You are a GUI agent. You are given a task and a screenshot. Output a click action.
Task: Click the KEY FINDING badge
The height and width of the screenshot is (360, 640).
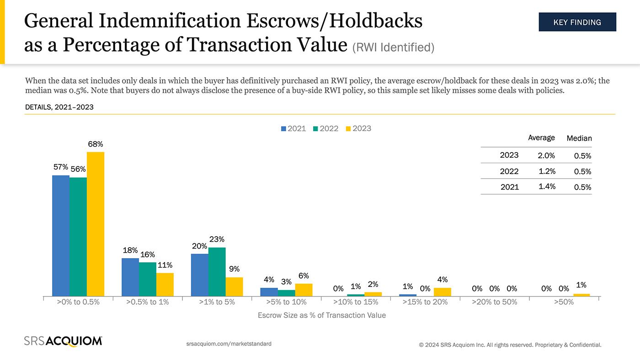click(x=577, y=22)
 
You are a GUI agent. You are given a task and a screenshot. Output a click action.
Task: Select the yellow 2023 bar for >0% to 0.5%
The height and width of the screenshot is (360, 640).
click(x=96, y=224)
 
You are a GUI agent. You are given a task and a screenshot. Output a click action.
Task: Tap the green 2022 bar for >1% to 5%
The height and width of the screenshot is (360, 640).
click(x=217, y=271)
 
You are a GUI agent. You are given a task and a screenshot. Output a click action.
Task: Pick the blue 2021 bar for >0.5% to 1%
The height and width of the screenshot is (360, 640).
click(x=130, y=277)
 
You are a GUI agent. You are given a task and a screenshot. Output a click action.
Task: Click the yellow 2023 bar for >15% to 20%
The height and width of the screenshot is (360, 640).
click(x=442, y=292)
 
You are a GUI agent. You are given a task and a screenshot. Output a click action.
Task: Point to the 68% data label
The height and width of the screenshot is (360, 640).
click(x=96, y=144)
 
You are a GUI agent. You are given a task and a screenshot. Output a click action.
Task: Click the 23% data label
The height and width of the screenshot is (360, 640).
click(x=217, y=239)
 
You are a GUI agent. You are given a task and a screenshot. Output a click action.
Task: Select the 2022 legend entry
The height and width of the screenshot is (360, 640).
click(x=325, y=129)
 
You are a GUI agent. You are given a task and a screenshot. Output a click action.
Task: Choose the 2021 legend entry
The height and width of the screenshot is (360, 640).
click(x=293, y=129)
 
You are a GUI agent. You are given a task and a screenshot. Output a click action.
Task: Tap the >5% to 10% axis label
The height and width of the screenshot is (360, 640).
click(x=286, y=302)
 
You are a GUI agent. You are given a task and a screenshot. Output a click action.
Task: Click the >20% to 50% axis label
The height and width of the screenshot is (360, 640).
click(x=494, y=302)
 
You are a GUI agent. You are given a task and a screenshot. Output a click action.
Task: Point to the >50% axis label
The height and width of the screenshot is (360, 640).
click(x=564, y=302)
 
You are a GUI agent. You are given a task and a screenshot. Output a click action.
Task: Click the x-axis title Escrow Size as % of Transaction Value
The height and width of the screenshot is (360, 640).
click(x=321, y=315)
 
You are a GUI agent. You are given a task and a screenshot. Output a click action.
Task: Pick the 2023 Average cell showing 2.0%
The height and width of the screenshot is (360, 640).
click(x=546, y=155)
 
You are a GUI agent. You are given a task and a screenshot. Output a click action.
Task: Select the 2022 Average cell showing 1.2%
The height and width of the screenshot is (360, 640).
click(x=547, y=171)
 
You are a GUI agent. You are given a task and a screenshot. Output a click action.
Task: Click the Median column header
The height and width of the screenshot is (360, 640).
click(x=579, y=138)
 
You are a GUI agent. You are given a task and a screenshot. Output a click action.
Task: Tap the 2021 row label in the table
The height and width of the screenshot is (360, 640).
click(x=510, y=187)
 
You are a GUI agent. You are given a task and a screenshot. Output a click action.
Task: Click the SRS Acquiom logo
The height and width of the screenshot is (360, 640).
click(x=63, y=341)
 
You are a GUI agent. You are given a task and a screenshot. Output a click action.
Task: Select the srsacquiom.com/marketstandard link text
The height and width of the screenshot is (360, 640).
click(x=229, y=344)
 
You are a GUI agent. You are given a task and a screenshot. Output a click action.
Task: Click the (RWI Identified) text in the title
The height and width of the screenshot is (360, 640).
click(x=393, y=47)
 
